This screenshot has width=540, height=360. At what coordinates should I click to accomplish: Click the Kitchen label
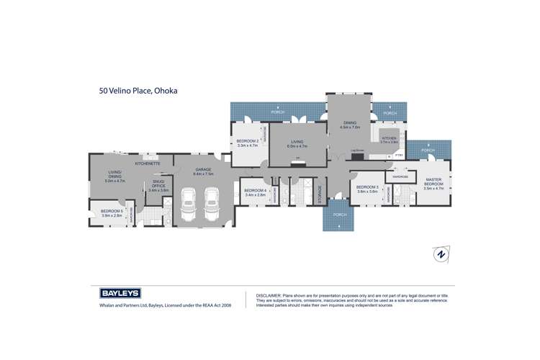click(x=389, y=138)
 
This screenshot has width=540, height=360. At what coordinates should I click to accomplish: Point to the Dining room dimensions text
click(x=349, y=127)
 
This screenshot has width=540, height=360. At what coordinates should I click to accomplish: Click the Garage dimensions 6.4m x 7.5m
click(x=204, y=174)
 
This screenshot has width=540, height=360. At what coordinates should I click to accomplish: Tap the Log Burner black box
click(x=358, y=156)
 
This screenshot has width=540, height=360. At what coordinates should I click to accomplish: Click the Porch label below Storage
click(x=339, y=215)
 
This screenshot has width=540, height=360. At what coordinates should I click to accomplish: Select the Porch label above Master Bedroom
click(x=428, y=150)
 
